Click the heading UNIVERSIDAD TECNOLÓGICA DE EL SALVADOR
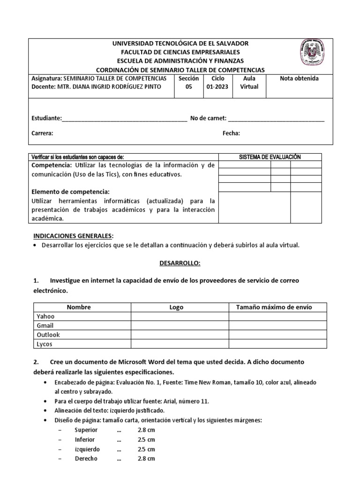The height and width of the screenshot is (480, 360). (x=180, y=43)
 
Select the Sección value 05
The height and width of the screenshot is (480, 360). (x=188, y=87)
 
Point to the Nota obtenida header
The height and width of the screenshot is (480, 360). (x=299, y=79)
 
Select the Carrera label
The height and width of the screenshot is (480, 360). (x=42, y=133)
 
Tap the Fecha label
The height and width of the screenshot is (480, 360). (x=231, y=133)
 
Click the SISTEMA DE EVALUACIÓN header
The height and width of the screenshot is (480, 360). (x=270, y=157)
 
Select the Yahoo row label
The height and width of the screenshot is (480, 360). (x=45, y=316)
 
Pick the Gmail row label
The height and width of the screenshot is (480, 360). (x=45, y=326)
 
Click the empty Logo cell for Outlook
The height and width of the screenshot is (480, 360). (x=180, y=335)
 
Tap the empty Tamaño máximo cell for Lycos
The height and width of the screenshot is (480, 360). (x=277, y=344)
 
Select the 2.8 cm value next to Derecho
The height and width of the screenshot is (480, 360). (x=147, y=458)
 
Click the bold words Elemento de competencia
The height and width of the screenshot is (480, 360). (x=70, y=192)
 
